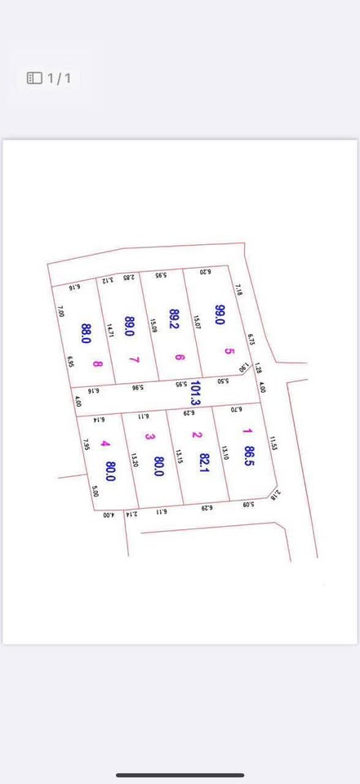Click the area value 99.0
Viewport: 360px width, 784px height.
tap(220, 314)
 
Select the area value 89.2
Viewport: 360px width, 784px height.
tap(173, 318)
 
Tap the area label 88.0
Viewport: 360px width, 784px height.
tap(86, 333)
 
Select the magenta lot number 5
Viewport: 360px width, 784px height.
tap(230, 351)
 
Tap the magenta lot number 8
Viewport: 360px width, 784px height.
tap(98, 364)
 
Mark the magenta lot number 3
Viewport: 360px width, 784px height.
tap(149, 436)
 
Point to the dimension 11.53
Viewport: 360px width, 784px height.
tap(273, 443)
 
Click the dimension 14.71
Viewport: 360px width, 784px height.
tap(109, 329)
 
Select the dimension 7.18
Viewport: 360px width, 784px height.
tap(239, 290)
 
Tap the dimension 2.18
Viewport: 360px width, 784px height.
tap(275, 493)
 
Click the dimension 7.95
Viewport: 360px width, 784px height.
tap(86, 444)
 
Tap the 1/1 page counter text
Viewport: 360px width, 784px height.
tap(60, 78)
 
